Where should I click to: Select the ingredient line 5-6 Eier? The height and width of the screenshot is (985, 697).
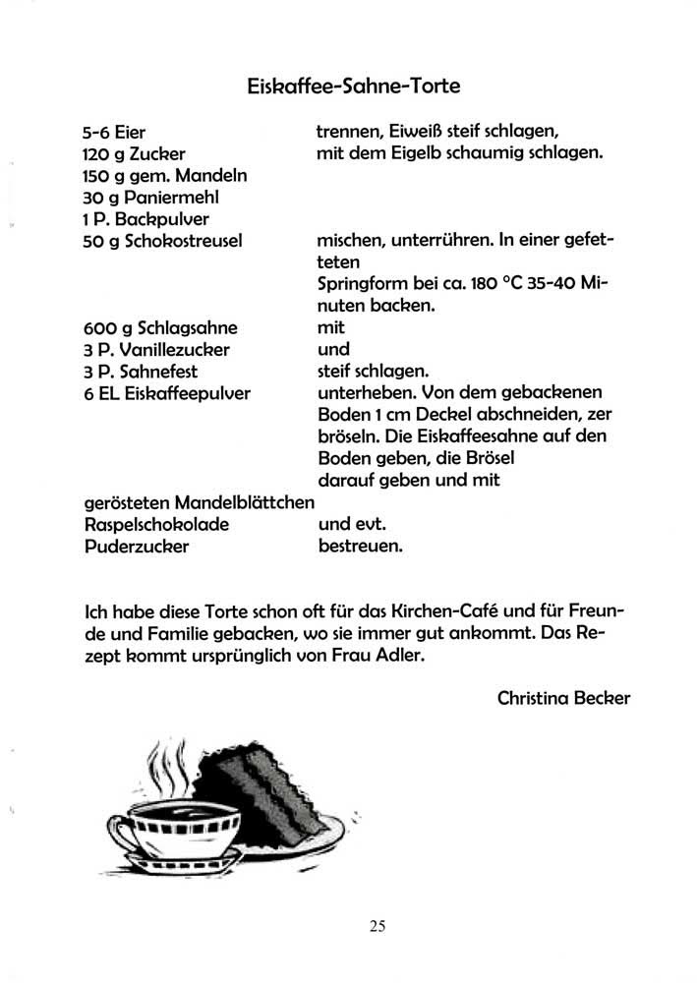[x=115, y=133]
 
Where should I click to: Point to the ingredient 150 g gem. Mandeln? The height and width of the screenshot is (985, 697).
[x=165, y=176]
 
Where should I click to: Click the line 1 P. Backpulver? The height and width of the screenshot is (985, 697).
[x=146, y=218]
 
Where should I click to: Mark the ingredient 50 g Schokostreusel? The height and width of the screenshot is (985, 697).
[x=164, y=240]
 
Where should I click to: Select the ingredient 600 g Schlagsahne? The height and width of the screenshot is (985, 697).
[x=161, y=328]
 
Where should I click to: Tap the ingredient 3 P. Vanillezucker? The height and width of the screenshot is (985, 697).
[x=157, y=350]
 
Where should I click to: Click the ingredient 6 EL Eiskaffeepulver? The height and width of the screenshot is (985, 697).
[x=168, y=393]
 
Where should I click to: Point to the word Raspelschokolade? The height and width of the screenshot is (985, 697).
[x=157, y=524]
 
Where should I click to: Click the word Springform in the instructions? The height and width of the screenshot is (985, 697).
[x=362, y=284]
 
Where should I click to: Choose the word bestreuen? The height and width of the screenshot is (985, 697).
[x=361, y=546]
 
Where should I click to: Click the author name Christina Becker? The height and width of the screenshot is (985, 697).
[x=563, y=699]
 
